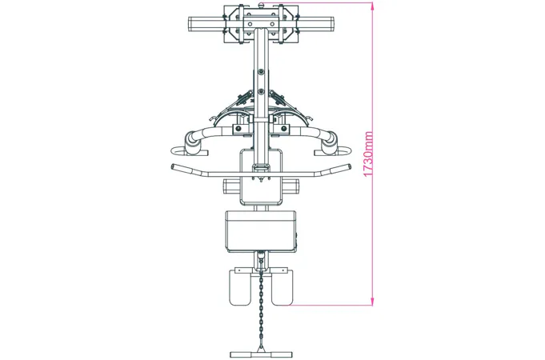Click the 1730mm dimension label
click(368, 154)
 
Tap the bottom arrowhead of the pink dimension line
click(372, 302)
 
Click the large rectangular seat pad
click(261, 231)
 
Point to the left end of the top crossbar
click(190, 25)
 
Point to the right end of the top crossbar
click(333, 25)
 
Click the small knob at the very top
click(262, 4)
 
